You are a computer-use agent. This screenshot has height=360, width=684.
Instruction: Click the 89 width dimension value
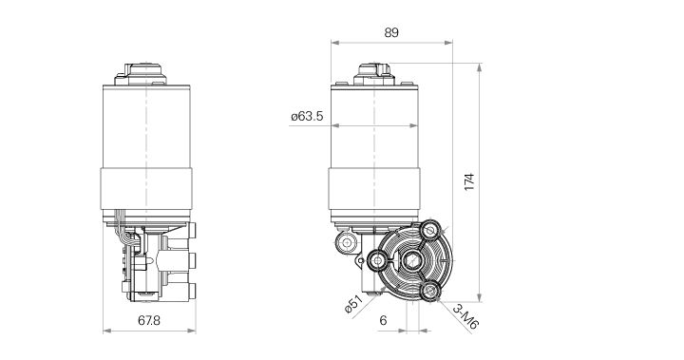(x=390, y=31)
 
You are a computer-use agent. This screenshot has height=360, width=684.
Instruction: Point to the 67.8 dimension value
(x=147, y=320)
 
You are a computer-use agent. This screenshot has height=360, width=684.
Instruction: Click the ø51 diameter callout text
(x=353, y=306)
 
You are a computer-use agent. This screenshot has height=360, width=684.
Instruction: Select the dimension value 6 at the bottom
(x=383, y=320)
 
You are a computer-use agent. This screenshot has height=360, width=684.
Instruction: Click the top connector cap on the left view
(x=147, y=70)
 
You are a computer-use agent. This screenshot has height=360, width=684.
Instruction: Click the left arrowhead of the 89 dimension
(x=334, y=43)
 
